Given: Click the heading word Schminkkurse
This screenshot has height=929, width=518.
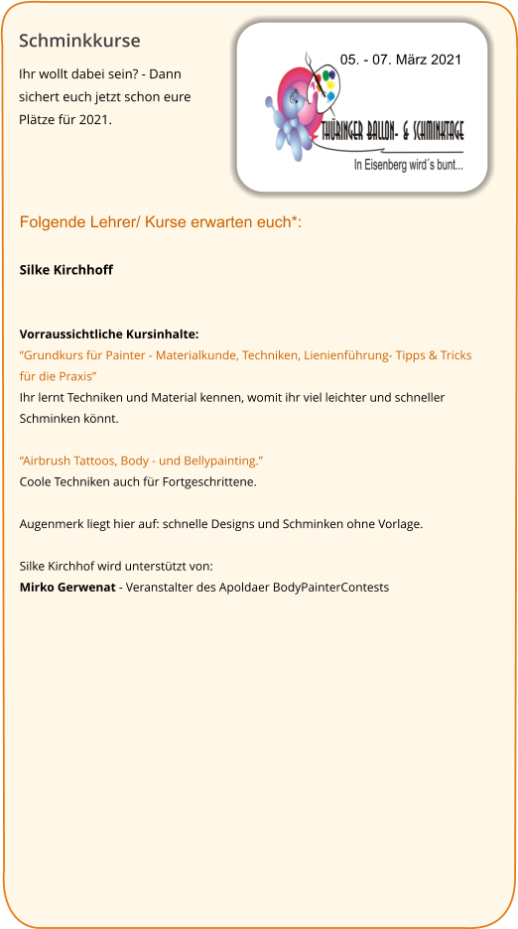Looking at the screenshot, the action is tap(79, 42).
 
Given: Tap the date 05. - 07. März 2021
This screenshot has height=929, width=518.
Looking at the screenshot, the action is tap(401, 61).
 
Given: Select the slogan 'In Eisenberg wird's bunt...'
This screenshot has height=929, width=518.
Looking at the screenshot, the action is tap(408, 165).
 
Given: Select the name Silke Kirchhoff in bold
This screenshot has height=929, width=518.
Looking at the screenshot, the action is tap(66, 270).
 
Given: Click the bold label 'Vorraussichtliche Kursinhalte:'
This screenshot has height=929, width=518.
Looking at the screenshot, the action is tap(109, 334).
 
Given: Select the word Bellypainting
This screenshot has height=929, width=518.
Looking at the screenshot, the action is tap(223, 461).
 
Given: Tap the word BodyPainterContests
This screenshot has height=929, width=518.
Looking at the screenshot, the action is tap(330, 587).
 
